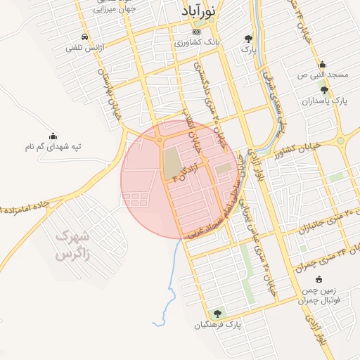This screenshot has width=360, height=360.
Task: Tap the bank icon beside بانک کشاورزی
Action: coord(197,32)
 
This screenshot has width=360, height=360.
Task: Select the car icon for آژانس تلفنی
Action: coord(84,37)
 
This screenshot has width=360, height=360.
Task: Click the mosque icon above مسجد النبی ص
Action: coord(322,63)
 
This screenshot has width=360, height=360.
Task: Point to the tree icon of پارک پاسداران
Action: coord(323,90)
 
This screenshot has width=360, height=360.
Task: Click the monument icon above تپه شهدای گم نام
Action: coord(53,135)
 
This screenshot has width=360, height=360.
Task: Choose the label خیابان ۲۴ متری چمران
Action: coord(326,253)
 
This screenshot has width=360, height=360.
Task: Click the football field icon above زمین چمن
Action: coord(319,279)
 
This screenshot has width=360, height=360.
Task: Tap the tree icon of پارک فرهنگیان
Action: coord(217,313)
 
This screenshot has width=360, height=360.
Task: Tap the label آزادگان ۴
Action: coord(186,172)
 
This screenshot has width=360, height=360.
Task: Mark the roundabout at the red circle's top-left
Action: coord(160,141)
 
